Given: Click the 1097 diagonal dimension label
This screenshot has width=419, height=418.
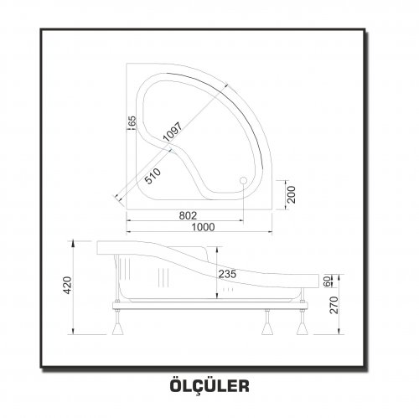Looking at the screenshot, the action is (173, 132).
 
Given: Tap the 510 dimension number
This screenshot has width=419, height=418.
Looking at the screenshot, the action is (153, 176).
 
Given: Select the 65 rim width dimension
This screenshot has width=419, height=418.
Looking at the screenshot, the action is (132, 121).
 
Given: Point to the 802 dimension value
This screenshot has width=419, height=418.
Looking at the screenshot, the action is (188, 215).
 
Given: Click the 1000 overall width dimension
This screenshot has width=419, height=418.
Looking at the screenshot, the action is (203, 227).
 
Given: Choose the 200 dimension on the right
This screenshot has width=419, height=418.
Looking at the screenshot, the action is (292, 194).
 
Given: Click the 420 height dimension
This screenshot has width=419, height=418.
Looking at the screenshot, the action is (68, 285).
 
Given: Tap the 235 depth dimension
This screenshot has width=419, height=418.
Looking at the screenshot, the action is (227, 274).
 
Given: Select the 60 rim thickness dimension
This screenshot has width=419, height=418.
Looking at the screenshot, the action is (327, 281).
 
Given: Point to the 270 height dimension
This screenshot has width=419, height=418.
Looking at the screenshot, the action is (334, 305).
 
